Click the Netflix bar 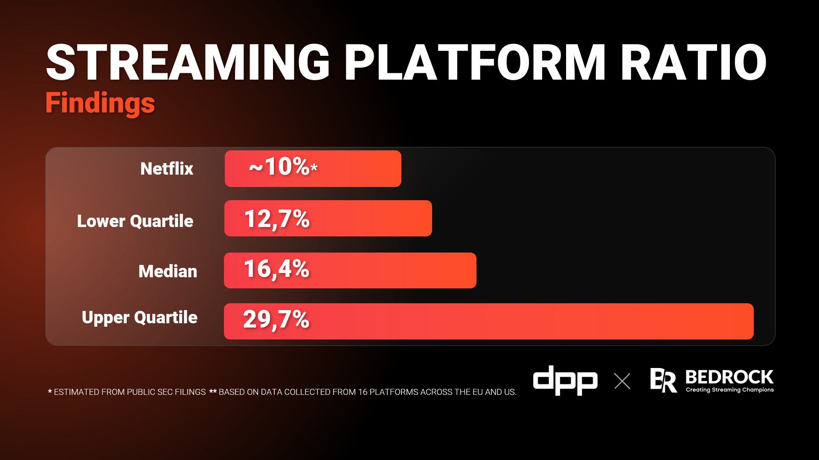pyautogui.click(x=313, y=169)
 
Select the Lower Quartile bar pyautogui.click(x=328, y=218)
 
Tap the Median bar pyautogui.click(x=350, y=270)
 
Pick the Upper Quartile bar pyautogui.click(x=489, y=321)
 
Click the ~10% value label pyautogui.click(x=283, y=167)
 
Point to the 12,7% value pyautogui.click(x=277, y=219)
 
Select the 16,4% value pyautogui.click(x=276, y=269)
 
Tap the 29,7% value pyautogui.click(x=276, y=319)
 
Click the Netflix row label pyautogui.click(x=167, y=169)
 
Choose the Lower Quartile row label pyautogui.click(x=135, y=221)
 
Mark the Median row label pyautogui.click(x=168, y=271)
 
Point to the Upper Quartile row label pyautogui.click(x=139, y=318)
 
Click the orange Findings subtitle pyautogui.click(x=100, y=103)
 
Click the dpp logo pyautogui.click(x=565, y=380)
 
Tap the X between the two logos pyautogui.click(x=622, y=381)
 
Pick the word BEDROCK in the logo pyautogui.click(x=729, y=377)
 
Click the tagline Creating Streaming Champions pyautogui.click(x=730, y=390)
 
